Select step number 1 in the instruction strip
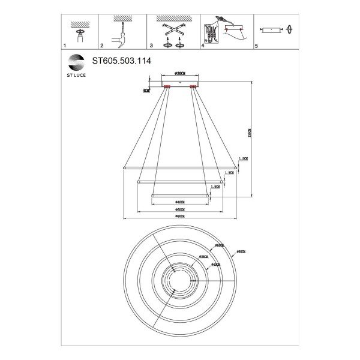(x=64, y=46)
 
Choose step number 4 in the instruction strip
(x=203, y=46)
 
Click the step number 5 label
(x=256, y=46)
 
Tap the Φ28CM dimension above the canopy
(x=179, y=73)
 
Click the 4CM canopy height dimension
(x=146, y=91)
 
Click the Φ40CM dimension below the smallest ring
(x=179, y=202)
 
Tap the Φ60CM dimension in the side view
(x=179, y=209)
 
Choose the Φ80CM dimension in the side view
(x=179, y=216)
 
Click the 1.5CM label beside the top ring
(x=242, y=158)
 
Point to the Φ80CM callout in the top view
(x=241, y=252)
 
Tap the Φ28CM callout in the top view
(x=203, y=256)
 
